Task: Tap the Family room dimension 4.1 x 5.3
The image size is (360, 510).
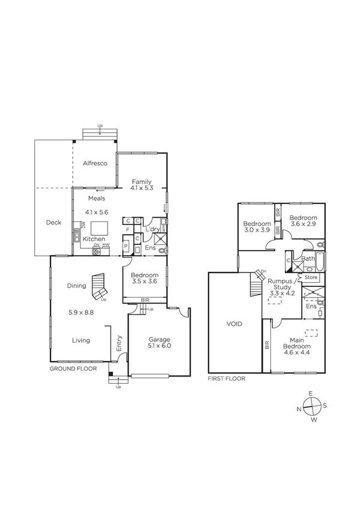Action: click(x=142, y=188)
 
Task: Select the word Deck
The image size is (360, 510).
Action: click(x=53, y=223)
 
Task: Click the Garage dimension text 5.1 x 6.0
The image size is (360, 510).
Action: click(x=159, y=346)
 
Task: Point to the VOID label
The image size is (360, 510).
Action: click(x=234, y=324)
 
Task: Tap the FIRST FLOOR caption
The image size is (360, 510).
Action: click(x=227, y=379)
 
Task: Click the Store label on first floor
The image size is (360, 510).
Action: click(x=311, y=277)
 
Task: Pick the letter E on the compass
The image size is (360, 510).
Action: click(x=311, y=393)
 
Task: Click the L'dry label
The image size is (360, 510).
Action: click(x=153, y=229)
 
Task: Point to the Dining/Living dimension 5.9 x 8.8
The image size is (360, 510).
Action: click(x=81, y=312)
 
